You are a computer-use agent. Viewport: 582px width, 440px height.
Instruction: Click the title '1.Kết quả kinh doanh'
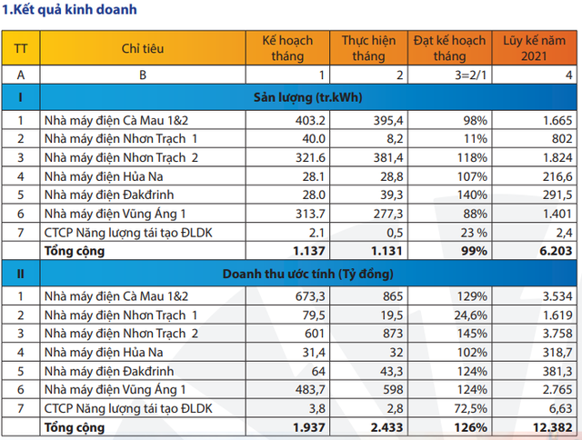click(71, 11)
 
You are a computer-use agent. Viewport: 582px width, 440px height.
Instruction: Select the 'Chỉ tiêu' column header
click(142, 48)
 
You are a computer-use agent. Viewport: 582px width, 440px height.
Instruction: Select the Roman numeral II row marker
click(20, 272)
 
